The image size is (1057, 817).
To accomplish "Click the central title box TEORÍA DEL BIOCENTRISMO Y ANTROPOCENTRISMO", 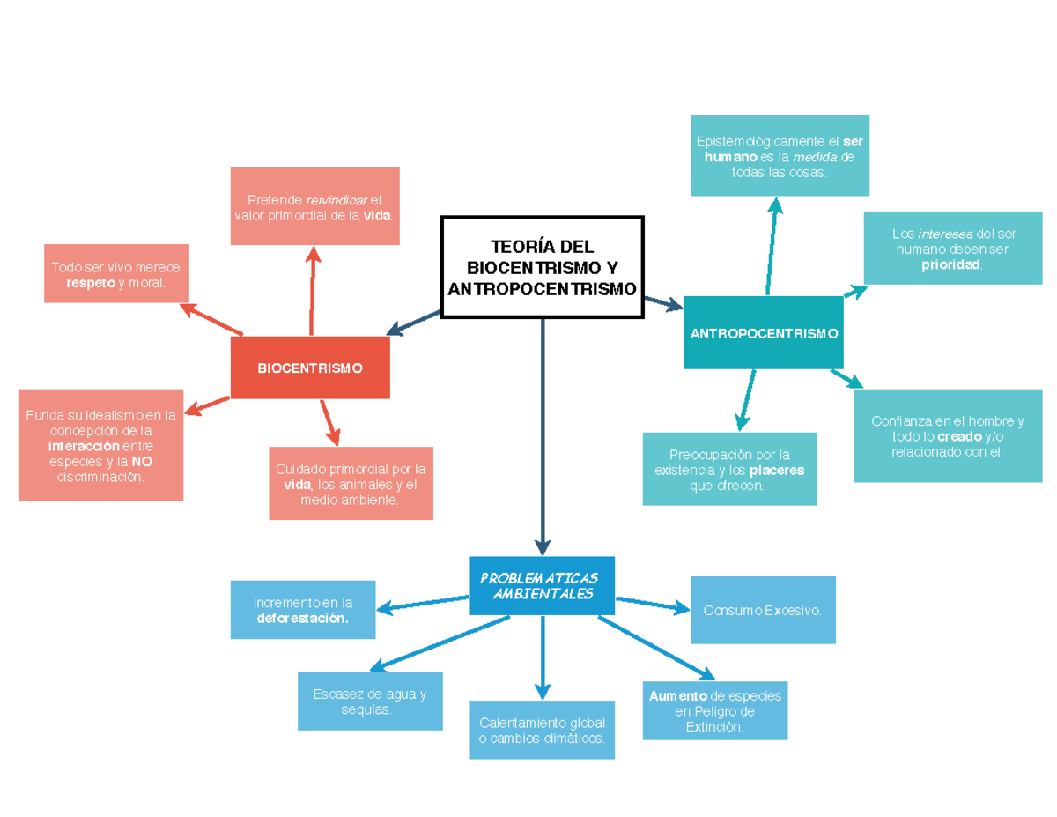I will [x=543, y=267].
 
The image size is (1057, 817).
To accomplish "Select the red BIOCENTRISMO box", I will [x=310, y=368].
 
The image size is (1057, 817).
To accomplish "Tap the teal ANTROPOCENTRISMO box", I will [x=764, y=334].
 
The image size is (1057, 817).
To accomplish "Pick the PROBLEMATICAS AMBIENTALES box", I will [x=543, y=586].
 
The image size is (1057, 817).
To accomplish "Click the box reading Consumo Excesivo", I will [x=763, y=610].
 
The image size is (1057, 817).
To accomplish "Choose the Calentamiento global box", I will [x=542, y=730].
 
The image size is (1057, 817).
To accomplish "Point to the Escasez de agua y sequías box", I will [x=370, y=702].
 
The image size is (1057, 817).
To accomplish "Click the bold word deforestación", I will [x=302, y=619].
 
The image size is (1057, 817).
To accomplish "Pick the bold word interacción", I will [x=83, y=446].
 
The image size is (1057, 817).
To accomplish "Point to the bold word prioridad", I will [x=950, y=264].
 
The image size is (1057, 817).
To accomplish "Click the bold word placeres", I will [x=778, y=471].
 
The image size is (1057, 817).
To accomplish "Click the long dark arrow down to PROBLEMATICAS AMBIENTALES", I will [x=543, y=432].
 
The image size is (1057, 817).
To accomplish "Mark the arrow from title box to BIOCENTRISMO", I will [x=414, y=323].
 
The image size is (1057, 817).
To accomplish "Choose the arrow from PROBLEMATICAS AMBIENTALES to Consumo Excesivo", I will [x=652, y=604].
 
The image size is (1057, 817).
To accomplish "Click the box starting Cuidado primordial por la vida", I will [x=351, y=484].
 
